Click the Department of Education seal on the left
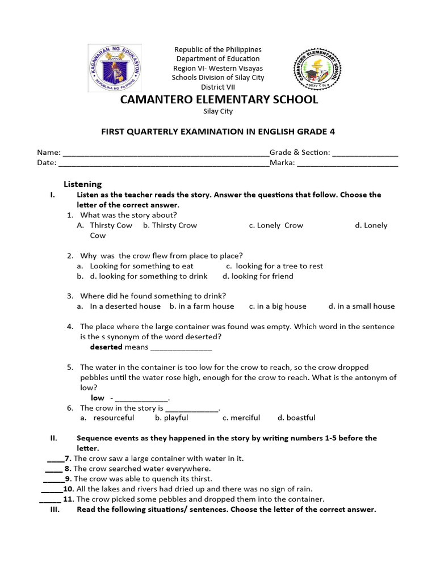click(x=115, y=68)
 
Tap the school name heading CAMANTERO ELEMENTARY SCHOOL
click(x=218, y=100)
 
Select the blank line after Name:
click(x=165, y=153)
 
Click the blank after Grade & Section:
click(x=365, y=153)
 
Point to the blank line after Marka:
click(x=347, y=163)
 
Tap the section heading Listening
click(x=82, y=184)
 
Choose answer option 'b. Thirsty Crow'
click(x=170, y=225)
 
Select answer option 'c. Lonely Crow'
click(x=276, y=225)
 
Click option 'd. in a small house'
click(x=361, y=306)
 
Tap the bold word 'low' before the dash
click(x=97, y=398)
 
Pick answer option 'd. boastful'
click(x=296, y=418)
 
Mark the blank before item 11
click(x=50, y=500)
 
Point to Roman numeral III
click(x=56, y=509)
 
